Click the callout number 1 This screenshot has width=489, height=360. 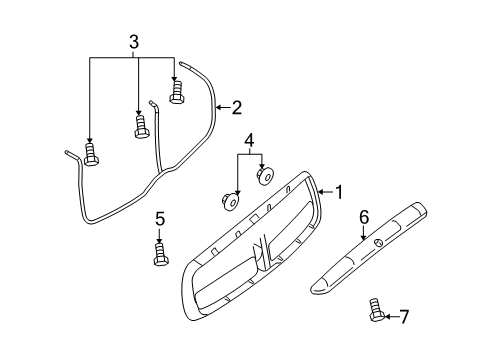338,191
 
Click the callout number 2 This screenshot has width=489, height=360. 237,107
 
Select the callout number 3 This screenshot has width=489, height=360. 133,41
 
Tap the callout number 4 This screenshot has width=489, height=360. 250,140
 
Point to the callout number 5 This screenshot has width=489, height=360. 159,219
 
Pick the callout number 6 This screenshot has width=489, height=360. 364,216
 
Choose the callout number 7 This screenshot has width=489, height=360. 404,317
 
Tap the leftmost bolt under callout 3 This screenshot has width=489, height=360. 90,154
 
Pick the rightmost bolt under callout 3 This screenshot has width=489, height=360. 177,92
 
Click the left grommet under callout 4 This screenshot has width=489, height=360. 228,200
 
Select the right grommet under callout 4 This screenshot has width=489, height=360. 265,176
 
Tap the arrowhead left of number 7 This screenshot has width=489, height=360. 389,317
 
